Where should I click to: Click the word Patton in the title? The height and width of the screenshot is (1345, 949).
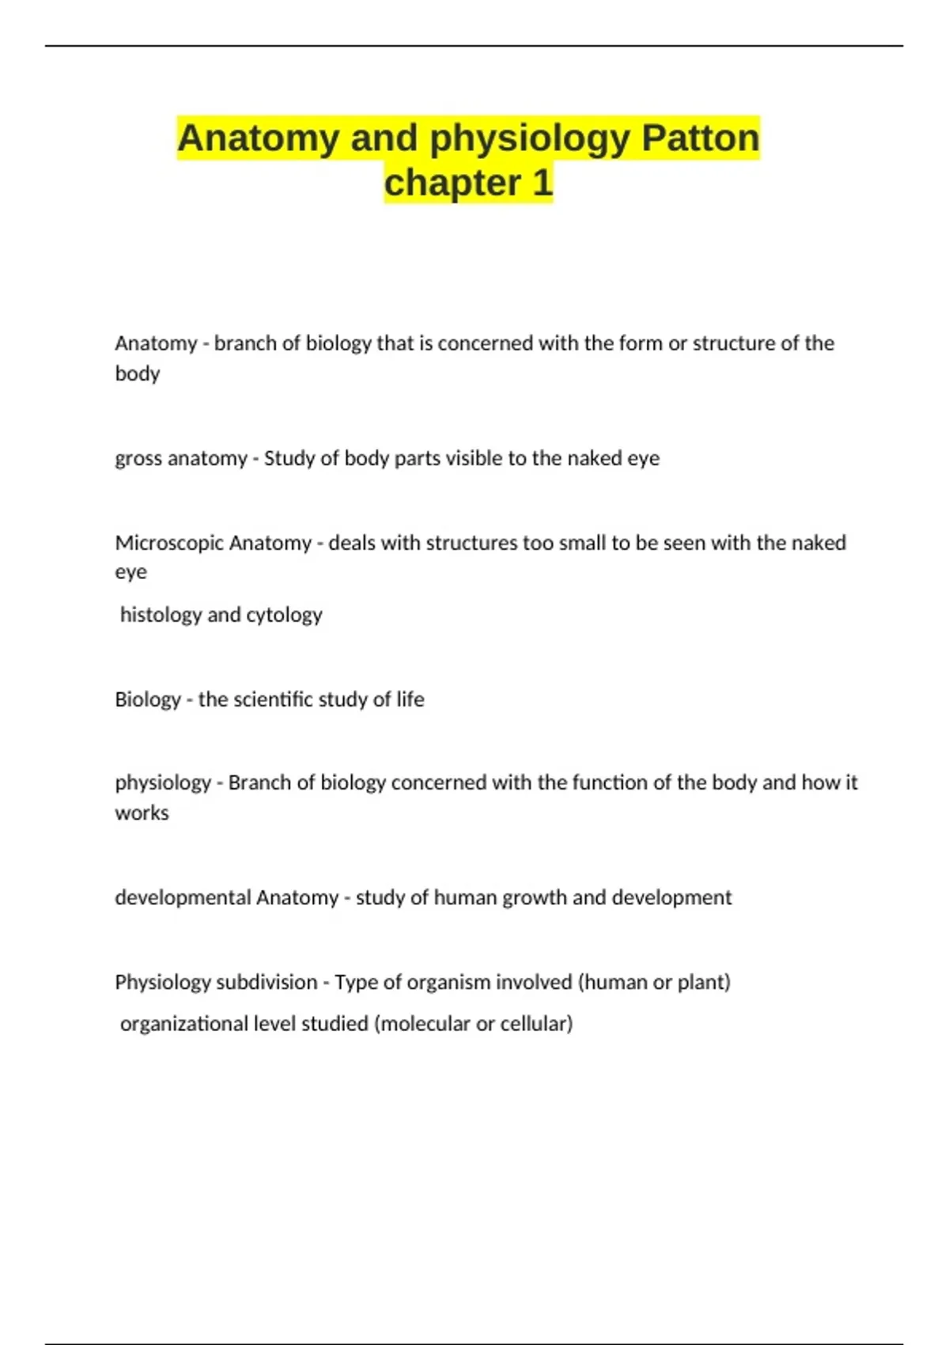click(700, 138)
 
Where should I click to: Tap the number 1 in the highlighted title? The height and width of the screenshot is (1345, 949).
click(542, 184)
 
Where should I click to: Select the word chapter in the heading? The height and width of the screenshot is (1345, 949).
click(452, 184)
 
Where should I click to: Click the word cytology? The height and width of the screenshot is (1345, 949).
click(284, 615)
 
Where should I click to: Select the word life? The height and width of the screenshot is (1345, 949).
click(410, 699)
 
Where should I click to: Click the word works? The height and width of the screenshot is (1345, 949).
click(142, 813)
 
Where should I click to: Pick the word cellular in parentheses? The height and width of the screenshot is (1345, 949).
click(536, 1024)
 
